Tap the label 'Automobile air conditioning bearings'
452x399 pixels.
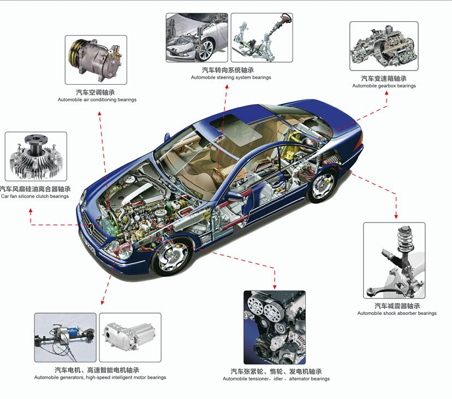97,99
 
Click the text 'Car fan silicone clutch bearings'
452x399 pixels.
35,196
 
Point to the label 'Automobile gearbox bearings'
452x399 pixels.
384,86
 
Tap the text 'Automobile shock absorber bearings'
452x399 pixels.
397,313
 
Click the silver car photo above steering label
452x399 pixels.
197,38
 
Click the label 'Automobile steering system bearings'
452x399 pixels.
231,78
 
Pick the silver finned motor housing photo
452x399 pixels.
130,337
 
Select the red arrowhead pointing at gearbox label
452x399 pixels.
386,93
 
